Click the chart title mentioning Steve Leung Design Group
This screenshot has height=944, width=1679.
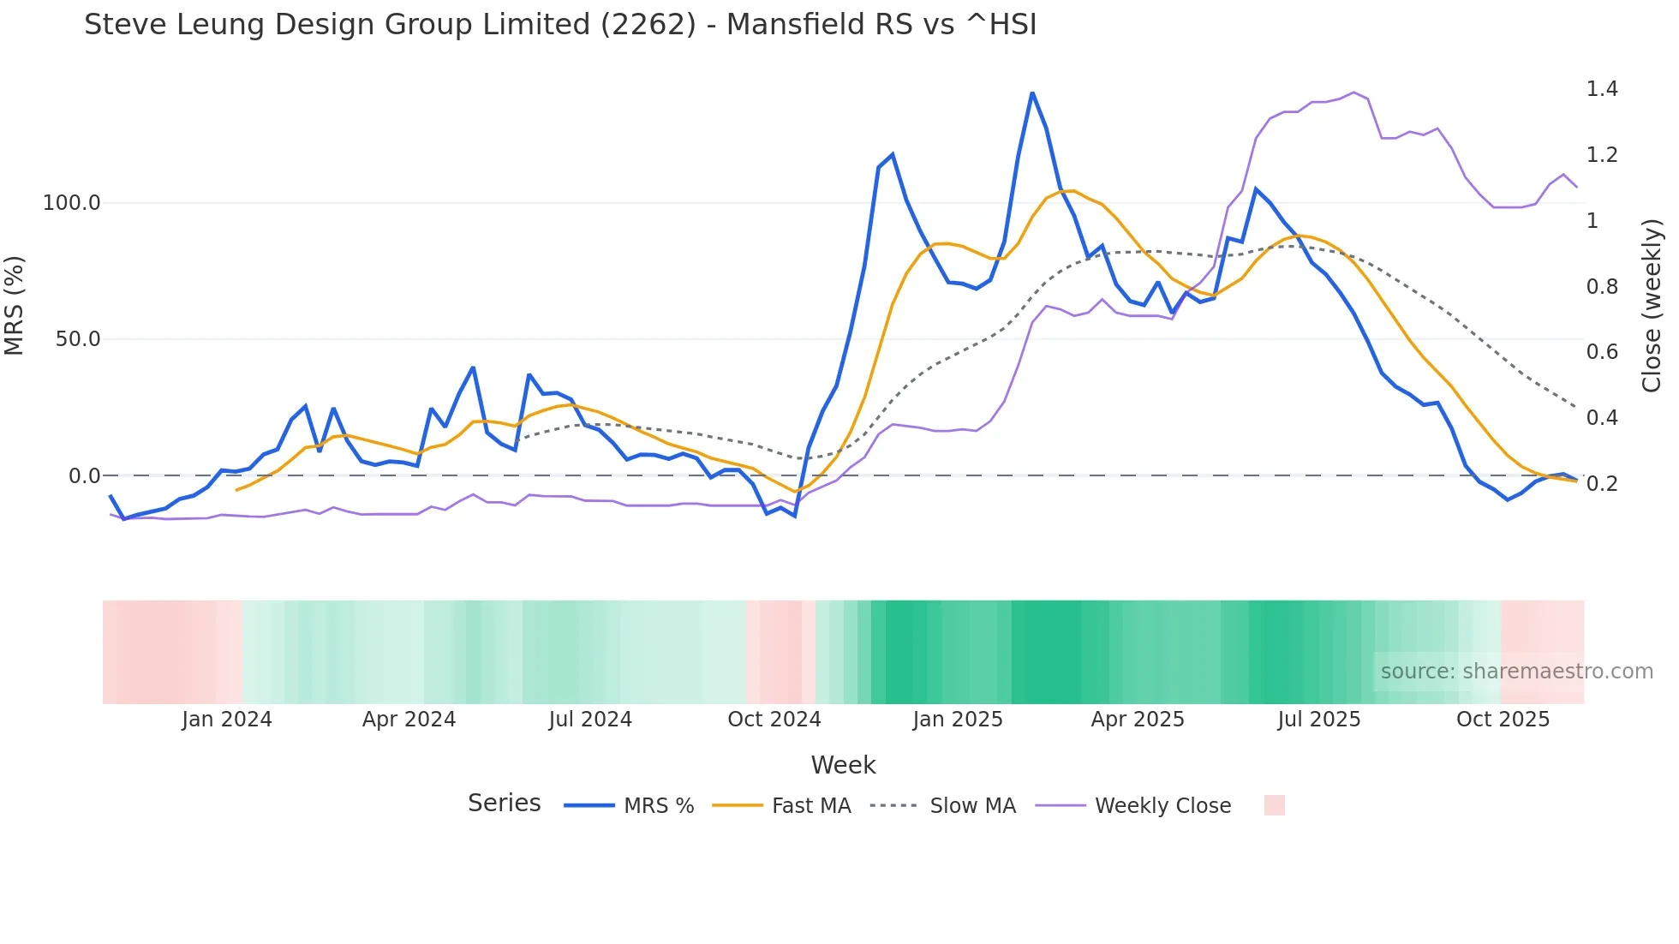coord(560,25)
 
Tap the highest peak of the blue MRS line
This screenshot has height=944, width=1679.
coord(1032,93)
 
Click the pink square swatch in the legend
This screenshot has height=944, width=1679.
coord(1274,805)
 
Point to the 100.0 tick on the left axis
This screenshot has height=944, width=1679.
coord(72,203)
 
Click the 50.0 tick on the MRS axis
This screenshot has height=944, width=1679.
coord(78,339)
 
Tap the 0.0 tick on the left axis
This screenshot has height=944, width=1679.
coord(84,476)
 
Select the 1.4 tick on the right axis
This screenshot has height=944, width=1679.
coord(1602,89)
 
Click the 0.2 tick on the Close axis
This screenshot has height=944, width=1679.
coord(1602,484)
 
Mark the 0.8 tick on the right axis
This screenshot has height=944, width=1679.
coord(1602,286)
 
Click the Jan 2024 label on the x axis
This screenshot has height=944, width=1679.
coord(227,720)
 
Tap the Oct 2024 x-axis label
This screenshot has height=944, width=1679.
coord(774,720)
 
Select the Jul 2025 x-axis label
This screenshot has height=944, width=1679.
coord(1319,720)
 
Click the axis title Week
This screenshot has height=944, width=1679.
coord(843,765)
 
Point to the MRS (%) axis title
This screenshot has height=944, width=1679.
coord(15,305)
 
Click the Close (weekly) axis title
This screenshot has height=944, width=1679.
coord(1652,306)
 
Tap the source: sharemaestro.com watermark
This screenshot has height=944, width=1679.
coord(1516,672)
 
